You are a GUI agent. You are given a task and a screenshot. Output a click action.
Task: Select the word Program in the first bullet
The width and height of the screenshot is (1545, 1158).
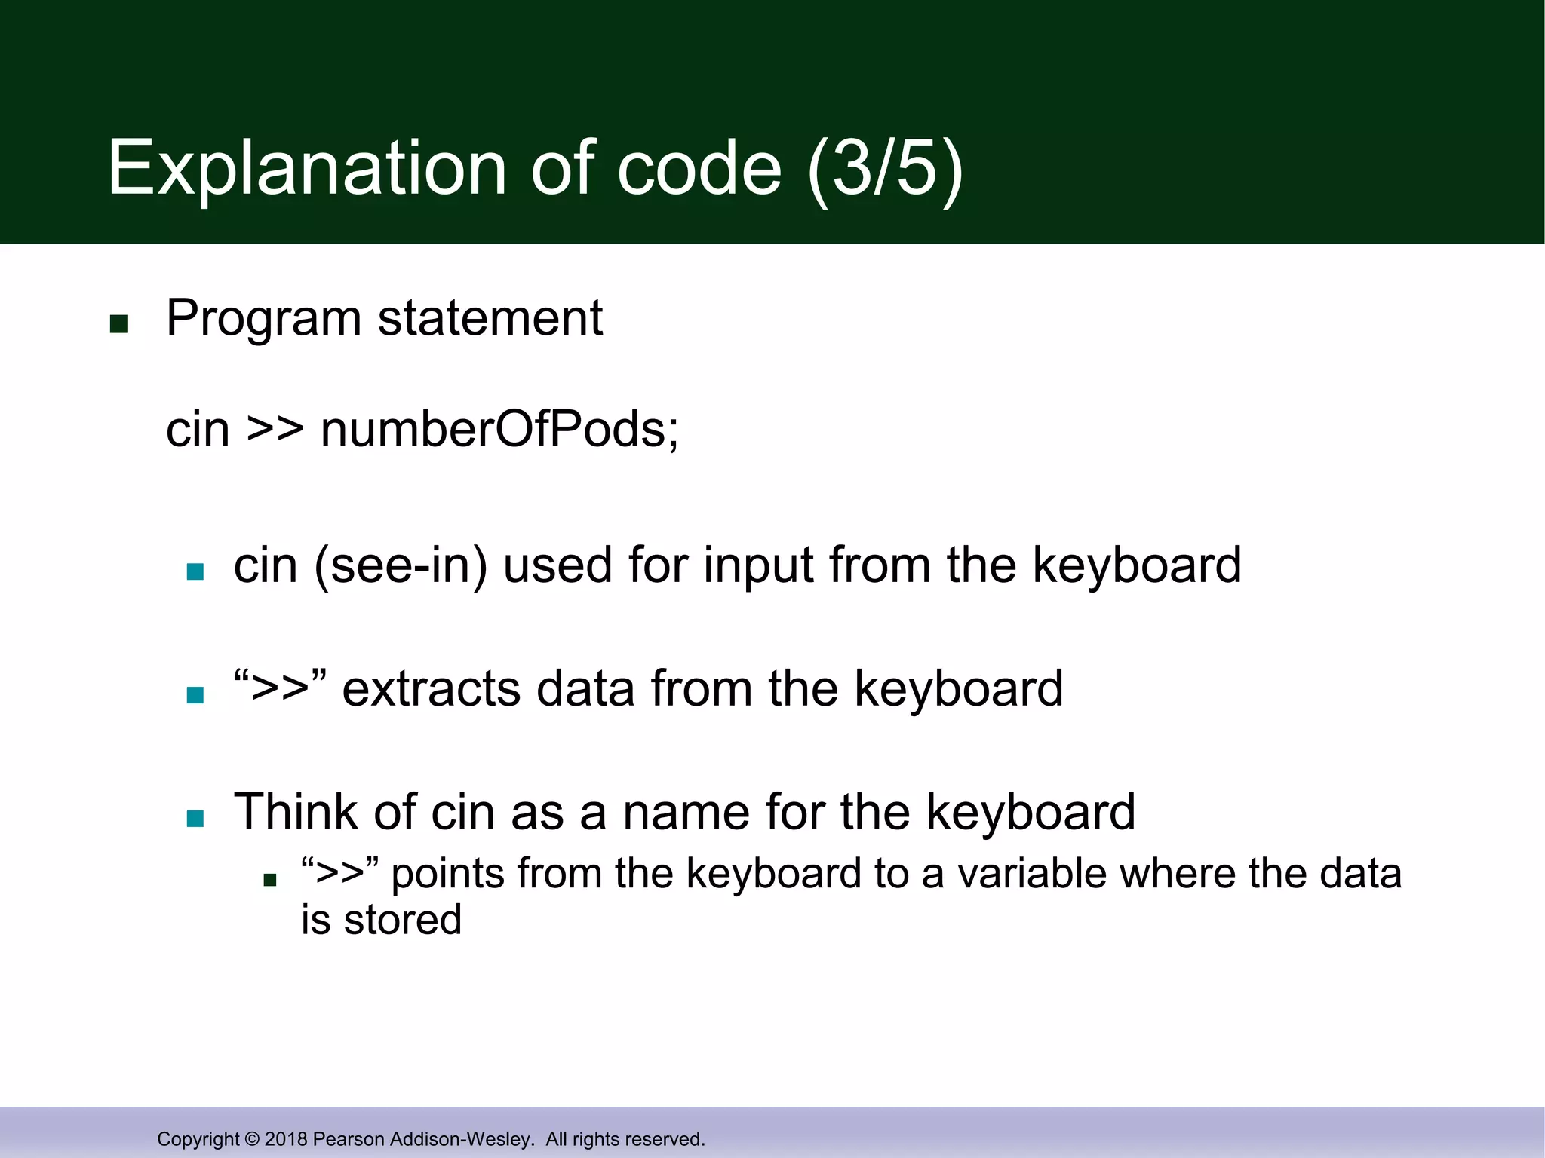pos(263,319)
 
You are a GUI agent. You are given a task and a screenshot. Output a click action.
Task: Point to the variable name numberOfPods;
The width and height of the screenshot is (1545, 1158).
pos(499,430)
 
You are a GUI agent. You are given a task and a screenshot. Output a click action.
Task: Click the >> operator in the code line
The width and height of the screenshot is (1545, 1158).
pos(275,430)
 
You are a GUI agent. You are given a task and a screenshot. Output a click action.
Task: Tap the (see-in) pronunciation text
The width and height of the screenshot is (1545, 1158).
pos(401,565)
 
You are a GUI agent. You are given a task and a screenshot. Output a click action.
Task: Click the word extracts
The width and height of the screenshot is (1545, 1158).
pos(431,689)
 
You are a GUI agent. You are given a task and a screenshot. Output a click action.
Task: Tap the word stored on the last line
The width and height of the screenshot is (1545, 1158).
pos(403,921)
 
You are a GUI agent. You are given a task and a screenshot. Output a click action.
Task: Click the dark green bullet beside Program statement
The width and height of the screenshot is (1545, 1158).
pos(119,324)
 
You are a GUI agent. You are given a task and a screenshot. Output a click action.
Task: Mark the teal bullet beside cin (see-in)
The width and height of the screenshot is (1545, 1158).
pos(195,571)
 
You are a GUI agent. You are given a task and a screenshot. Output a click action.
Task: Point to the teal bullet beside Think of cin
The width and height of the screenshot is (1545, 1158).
pos(195,819)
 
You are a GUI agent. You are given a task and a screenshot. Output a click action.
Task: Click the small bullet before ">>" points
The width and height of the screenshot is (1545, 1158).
pos(270,880)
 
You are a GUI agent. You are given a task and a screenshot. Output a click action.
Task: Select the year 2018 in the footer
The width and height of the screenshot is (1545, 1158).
pos(285,1139)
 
